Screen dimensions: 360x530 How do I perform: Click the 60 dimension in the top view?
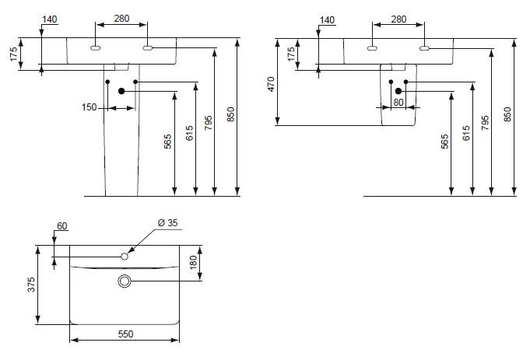[x=62, y=226]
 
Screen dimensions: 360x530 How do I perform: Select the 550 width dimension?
[x=125, y=334]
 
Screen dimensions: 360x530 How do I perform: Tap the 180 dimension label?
[x=193, y=263]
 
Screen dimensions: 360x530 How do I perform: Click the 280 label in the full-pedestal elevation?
[x=121, y=19]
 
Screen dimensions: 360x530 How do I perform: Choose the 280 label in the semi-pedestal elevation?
[x=398, y=19]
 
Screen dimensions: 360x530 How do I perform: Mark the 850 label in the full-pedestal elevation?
[x=230, y=115]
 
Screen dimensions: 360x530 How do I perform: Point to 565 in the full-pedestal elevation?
[x=167, y=142]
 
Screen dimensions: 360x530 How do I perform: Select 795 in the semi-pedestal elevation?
[x=485, y=123]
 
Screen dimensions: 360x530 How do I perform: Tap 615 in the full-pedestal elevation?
[x=190, y=132]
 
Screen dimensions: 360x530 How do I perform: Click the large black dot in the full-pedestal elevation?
[x=121, y=91]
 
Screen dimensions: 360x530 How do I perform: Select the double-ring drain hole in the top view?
[x=125, y=281]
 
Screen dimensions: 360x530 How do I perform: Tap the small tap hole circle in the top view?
[x=124, y=255]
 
